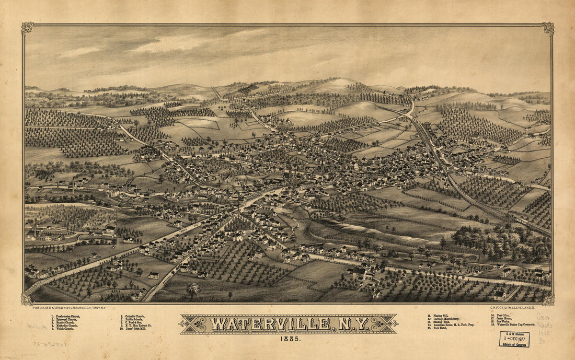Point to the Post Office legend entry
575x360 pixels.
pyautogui.click(x=503, y=316)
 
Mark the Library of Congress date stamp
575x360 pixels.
pyautogui.click(x=514, y=339)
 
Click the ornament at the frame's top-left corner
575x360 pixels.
pyautogui.click(x=27, y=28)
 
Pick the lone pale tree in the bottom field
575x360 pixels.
pyautogui.click(x=194, y=289)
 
